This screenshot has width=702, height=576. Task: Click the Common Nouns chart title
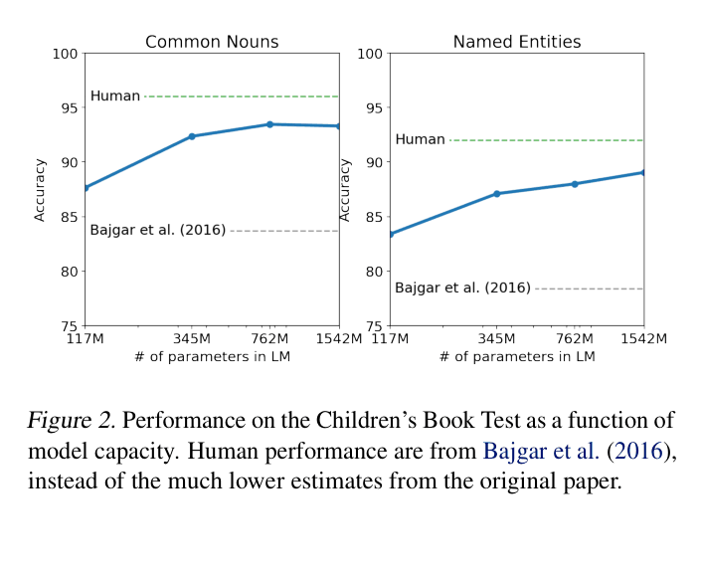click(212, 42)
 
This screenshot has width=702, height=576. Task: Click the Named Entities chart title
click(516, 42)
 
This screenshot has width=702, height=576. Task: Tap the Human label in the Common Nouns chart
click(115, 96)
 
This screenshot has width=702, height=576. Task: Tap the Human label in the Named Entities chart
click(420, 139)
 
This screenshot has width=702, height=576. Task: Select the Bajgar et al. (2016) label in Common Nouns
click(157, 231)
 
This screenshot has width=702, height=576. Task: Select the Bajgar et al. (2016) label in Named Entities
click(462, 288)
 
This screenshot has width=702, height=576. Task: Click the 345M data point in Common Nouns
click(192, 136)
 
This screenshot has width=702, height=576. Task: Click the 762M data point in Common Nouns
click(269, 124)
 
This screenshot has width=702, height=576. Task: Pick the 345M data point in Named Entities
click(496, 193)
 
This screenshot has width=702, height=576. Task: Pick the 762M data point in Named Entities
click(575, 184)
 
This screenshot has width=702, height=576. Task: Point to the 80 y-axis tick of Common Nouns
click(69, 272)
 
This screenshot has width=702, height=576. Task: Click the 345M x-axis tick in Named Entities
click(496, 339)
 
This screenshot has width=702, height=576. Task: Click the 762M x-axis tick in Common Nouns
click(269, 339)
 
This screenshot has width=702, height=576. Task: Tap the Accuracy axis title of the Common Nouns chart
click(40, 189)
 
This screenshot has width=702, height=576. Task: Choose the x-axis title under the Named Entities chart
click(516, 356)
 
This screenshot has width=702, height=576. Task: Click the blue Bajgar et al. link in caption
click(541, 451)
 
